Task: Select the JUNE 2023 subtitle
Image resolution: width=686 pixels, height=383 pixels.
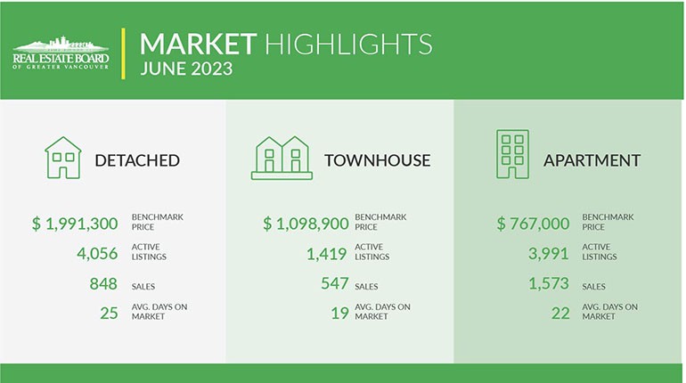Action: [x=186, y=69]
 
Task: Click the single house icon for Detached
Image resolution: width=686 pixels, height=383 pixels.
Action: [x=62, y=158]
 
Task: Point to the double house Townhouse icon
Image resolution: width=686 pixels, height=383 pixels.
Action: [x=281, y=158]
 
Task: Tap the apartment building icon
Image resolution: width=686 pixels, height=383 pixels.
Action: [x=511, y=155]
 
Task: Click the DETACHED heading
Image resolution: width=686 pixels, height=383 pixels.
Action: [x=137, y=161]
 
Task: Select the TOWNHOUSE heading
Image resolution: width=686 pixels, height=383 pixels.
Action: [x=377, y=161]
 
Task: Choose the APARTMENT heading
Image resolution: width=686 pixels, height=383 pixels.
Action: [x=592, y=161]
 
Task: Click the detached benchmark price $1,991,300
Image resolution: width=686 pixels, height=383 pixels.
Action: [x=75, y=223]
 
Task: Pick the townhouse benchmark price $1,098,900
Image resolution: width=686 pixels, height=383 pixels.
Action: [x=306, y=223]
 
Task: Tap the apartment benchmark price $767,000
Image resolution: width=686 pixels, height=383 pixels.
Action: [x=534, y=223]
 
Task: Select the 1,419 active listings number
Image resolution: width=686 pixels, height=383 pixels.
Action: [x=326, y=253]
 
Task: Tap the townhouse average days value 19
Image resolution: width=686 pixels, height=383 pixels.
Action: [x=339, y=313]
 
